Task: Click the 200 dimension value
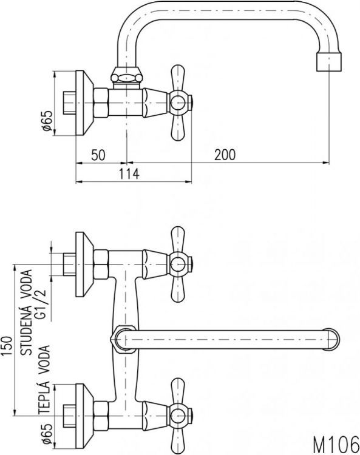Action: click(225, 155)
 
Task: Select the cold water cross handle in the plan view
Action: click(178, 263)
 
